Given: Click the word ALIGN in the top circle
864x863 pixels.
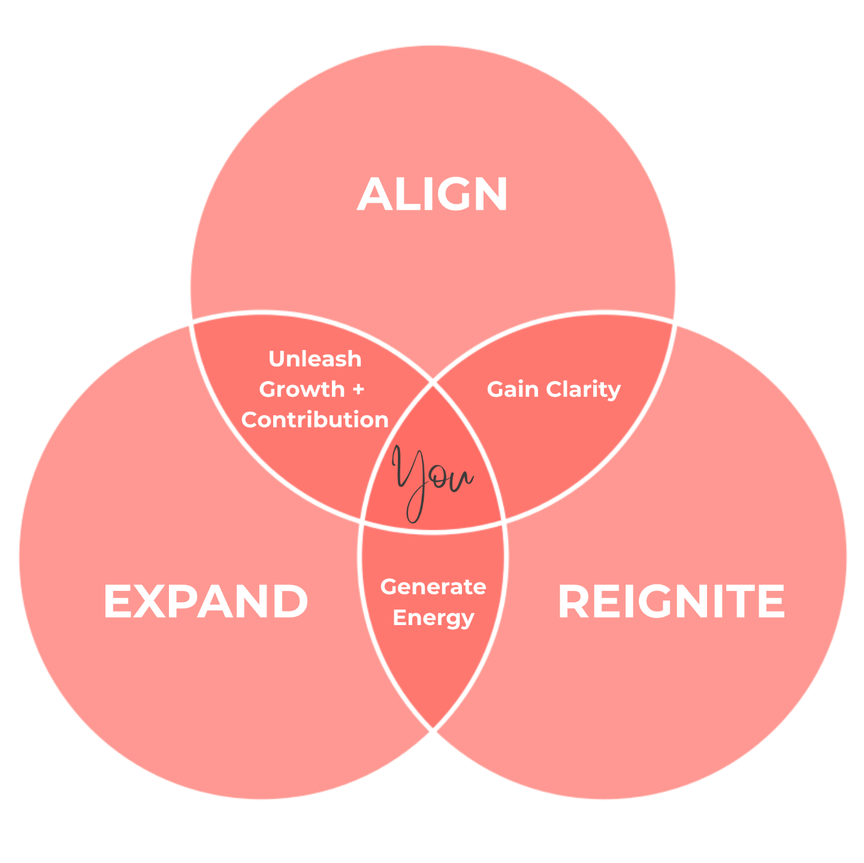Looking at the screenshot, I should pyautogui.click(x=433, y=195).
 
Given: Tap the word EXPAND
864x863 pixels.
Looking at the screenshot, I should pyautogui.click(x=206, y=602).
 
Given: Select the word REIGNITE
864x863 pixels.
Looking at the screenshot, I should pyautogui.click(x=671, y=602).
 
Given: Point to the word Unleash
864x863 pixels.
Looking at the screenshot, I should pyautogui.click(x=315, y=359).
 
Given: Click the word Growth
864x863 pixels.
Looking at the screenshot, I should pyautogui.click(x=302, y=390).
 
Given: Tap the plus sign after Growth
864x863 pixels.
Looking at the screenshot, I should pyautogui.click(x=358, y=390).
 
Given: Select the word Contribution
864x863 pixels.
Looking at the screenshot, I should pyautogui.click(x=315, y=420).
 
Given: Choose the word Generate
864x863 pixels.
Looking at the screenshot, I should pyautogui.click(x=433, y=587).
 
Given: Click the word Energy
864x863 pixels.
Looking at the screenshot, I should pyautogui.click(x=433, y=618).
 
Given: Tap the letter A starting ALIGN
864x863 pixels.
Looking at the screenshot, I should pyautogui.click(x=374, y=195).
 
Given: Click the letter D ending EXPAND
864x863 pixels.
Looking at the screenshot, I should pyautogui.click(x=289, y=602).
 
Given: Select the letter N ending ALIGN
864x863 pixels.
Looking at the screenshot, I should pyautogui.click(x=489, y=195).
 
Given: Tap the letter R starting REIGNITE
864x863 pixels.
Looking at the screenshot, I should pyautogui.click(x=575, y=602).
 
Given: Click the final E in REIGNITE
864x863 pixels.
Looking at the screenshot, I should pyautogui.click(x=770, y=602).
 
